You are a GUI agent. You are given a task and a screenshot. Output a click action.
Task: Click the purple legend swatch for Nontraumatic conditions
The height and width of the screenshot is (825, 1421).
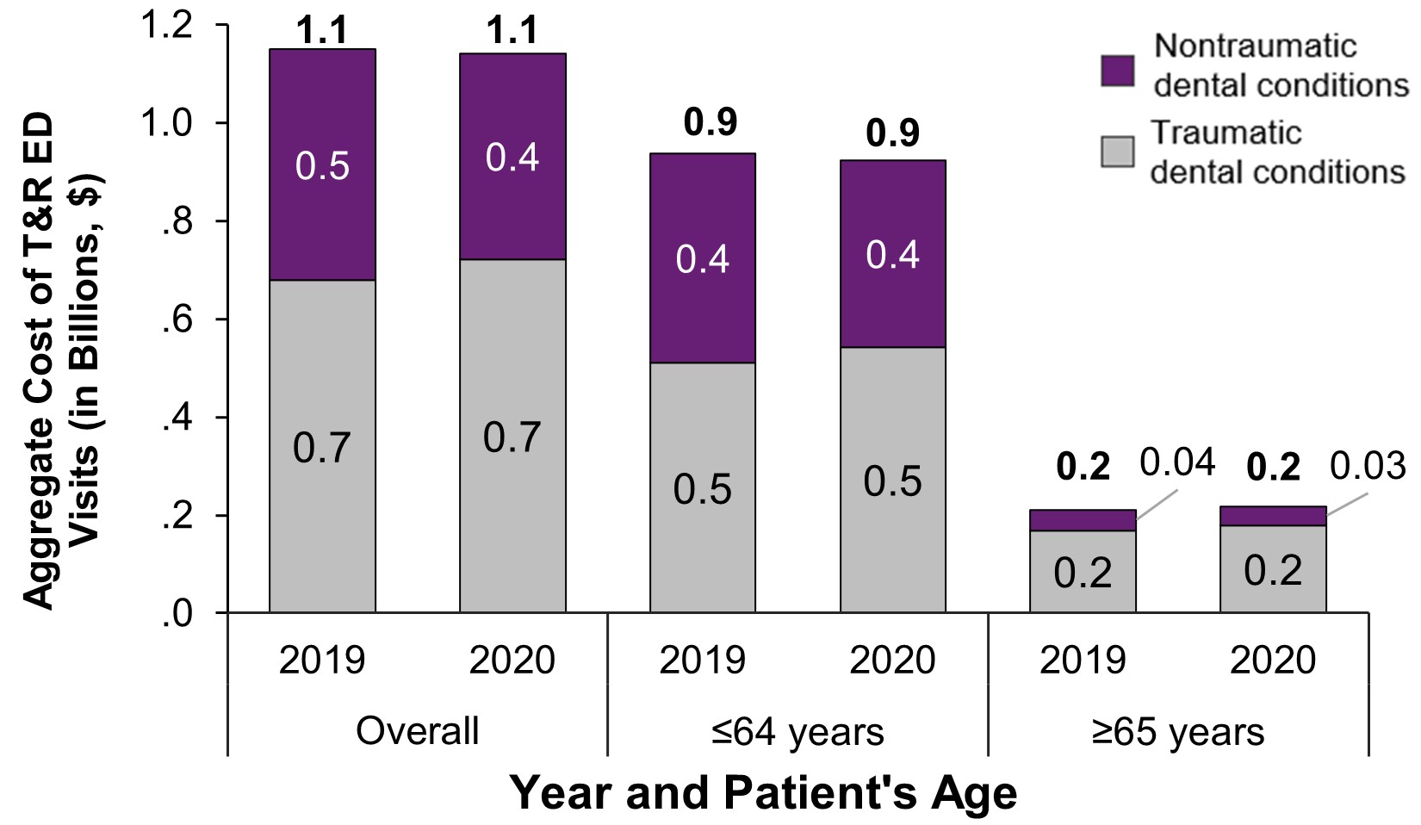[1118, 70]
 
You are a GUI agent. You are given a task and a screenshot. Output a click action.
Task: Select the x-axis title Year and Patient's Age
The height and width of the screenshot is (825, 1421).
[763, 792]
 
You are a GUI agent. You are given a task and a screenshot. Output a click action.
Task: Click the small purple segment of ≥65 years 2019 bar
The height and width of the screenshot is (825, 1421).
[1083, 520]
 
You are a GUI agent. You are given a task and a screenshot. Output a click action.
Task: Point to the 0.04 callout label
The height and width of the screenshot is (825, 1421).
[1176, 463]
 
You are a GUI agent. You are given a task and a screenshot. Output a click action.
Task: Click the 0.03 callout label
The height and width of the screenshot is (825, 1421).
[1368, 466]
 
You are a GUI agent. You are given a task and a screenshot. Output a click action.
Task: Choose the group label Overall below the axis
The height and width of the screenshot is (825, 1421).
[418, 731]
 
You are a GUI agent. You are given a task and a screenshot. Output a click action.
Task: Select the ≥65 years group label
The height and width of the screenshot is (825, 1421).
[1178, 731]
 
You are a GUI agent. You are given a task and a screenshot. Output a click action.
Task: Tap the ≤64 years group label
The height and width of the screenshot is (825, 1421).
[797, 731]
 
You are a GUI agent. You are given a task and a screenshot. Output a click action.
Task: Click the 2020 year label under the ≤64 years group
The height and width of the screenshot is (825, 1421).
[893, 661]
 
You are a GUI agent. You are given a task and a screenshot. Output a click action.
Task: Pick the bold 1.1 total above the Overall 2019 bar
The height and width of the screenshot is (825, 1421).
[322, 33]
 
